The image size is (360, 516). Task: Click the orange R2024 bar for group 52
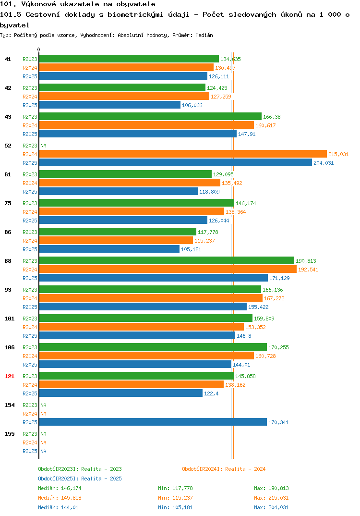point(183,154)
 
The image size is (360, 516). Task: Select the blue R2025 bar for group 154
point(153,422)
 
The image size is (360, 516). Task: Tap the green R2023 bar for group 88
point(167,260)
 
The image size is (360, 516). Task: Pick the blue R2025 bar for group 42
point(110,105)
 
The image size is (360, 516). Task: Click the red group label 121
point(10,376)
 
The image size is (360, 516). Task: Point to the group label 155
point(10,434)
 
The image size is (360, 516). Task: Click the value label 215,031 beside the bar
point(338,154)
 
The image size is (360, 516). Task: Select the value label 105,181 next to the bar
point(191,249)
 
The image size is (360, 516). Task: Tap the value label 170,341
point(278,422)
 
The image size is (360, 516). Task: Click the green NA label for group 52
point(43,146)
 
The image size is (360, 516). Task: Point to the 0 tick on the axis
point(39,49)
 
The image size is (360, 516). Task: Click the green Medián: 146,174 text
point(60,488)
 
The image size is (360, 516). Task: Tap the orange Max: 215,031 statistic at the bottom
point(271,498)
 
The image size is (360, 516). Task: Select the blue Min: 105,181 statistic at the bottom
point(175,507)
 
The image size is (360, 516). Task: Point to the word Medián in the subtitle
point(204,35)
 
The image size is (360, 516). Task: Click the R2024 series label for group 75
point(30,212)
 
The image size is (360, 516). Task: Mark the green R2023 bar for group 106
point(153,347)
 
